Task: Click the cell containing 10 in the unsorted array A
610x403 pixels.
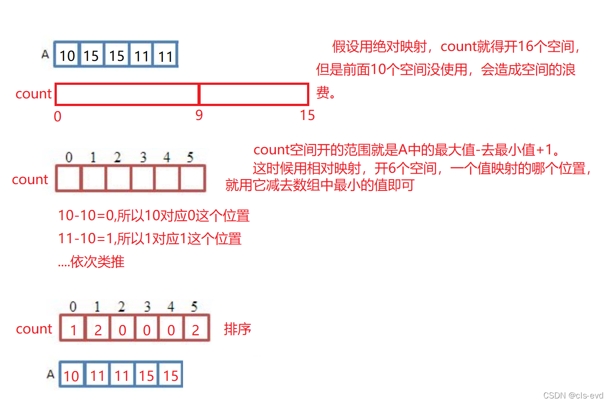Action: pos(67,56)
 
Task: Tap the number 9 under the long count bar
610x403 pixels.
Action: pos(199,116)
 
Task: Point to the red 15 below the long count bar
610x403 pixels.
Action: pos(307,116)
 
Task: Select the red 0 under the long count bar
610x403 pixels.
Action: pos(57,116)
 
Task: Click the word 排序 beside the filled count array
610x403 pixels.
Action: pos(237,329)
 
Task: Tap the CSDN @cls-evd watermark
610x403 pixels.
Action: pos(573,395)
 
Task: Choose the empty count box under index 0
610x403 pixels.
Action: pos(69,178)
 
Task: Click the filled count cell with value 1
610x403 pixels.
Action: pos(73,330)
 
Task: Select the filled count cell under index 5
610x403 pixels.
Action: pos(196,330)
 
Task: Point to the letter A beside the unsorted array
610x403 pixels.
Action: pos(45,55)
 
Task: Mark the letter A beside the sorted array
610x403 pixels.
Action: pos(51,374)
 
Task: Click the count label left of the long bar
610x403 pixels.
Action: pos(33,94)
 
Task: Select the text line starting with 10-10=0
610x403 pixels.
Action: pos(154,216)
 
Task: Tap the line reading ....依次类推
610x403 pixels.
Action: pos(91,262)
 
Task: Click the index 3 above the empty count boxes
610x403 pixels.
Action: pos(143,157)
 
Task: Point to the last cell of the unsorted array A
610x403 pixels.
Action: pos(166,56)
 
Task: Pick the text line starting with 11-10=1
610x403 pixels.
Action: pos(150,238)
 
